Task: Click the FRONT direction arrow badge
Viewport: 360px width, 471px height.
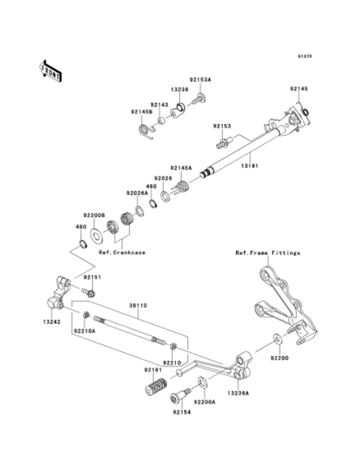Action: [50, 69]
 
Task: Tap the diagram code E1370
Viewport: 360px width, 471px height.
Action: [304, 56]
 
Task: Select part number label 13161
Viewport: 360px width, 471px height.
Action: [250, 165]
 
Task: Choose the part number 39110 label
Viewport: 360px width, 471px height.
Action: [137, 306]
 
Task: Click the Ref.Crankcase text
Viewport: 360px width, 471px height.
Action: [122, 253]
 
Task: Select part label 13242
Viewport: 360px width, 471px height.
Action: [53, 321]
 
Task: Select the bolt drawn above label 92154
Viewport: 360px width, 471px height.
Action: [179, 395]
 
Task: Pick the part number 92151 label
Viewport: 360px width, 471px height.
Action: [91, 278]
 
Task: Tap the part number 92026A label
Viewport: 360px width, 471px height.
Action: [137, 193]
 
